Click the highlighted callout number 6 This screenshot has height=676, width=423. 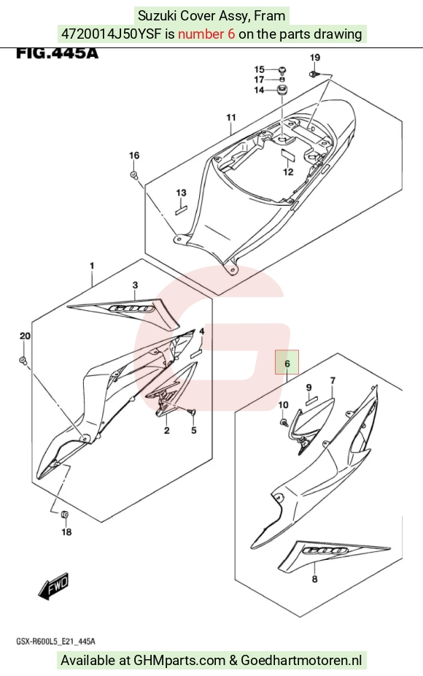coord(287,364)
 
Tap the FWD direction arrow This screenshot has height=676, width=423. coord(54,586)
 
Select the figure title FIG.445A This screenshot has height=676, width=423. coord(58,53)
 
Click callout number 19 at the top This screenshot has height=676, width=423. coord(315,58)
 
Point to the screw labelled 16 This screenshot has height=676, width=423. coord(134,174)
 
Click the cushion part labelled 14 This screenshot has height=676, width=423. coord(282,91)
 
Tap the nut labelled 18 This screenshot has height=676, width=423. coord(65,515)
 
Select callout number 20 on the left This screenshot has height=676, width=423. coord(25,336)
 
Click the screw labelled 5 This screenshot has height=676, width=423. coord(192,412)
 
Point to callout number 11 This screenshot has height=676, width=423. coord(231,118)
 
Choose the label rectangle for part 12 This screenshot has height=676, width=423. coord(288,154)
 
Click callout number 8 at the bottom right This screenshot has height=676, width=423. coord(314,579)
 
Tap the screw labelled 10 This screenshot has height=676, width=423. coord(283,423)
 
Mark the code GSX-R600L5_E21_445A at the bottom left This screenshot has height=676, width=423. coord(56,642)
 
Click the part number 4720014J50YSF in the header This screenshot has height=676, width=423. coord(111,34)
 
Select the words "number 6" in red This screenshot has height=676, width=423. coord(206,34)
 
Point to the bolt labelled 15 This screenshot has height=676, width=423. coord(282,69)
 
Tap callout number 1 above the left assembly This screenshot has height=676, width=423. coord(92,266)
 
